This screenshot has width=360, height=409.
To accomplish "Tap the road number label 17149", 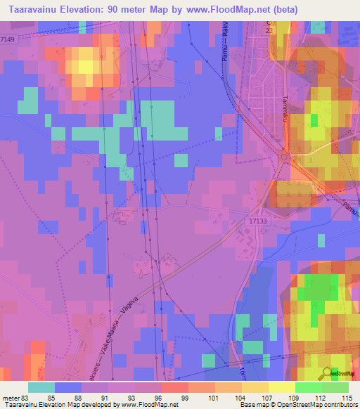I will (x=8, y=39).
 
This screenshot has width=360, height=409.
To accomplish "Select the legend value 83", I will (x=23, y=398).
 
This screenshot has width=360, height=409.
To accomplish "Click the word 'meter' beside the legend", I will (x=10, y=398).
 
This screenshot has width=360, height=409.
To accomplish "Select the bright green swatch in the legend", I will (x=309, y=387).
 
